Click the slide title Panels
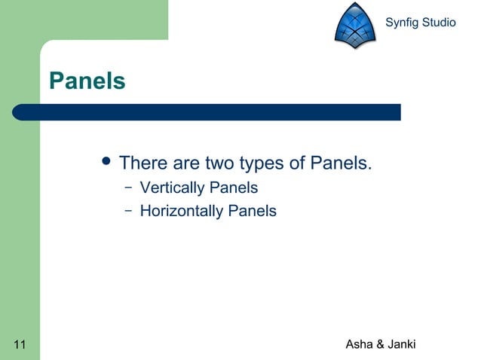coord(87,81)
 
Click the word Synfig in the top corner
coord(401,23)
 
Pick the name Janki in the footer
coord(401,345)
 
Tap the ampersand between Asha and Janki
coord(380,345)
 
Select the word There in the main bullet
coord(143,163)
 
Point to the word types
coord(265,163)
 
